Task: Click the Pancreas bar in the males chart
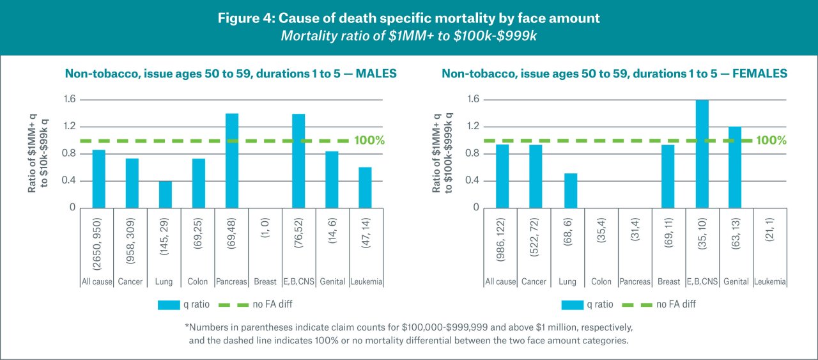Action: click(x=231, y=160)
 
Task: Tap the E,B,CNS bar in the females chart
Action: click(x=702, y=154)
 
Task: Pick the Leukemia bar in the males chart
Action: click(x=364, y=187)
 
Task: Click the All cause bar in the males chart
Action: click(x=98, y=179)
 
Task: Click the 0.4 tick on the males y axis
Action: click(x=68, y=181)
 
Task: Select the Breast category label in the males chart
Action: click(x=265, y=281)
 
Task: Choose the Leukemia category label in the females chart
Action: click(x=769, y=281)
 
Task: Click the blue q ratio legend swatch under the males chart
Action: click(x=169, y=305)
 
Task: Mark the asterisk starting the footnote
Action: click(x=187, y=327)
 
